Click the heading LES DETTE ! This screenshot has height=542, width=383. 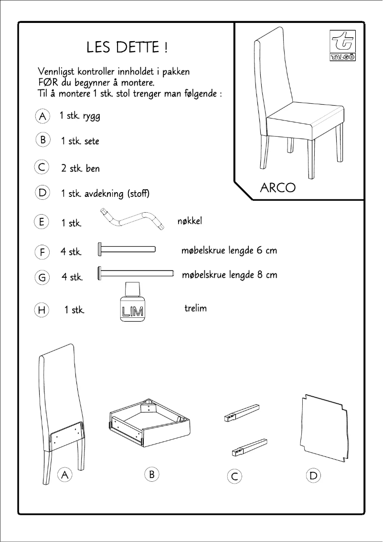[x=127, y=48]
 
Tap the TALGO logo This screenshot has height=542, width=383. [x=341, y=46]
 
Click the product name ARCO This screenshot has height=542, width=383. [x=277, y=187]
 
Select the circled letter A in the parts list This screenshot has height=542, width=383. [x=43, y=116]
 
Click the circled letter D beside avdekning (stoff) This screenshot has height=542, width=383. [x=43, y=193]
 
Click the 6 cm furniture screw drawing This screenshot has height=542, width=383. [x=127, y=249]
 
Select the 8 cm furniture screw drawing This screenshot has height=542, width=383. [x=136, y=273]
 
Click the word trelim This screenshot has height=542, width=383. [x=195, y=308]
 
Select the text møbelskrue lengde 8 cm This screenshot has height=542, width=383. [x=229, y=275]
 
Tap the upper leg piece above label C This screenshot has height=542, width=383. [x=242, y=412]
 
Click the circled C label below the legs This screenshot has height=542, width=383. [x=234, y=477]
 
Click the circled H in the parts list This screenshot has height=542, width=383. [x=42, y=310]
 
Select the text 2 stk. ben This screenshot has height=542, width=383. [x=80, y=169]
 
